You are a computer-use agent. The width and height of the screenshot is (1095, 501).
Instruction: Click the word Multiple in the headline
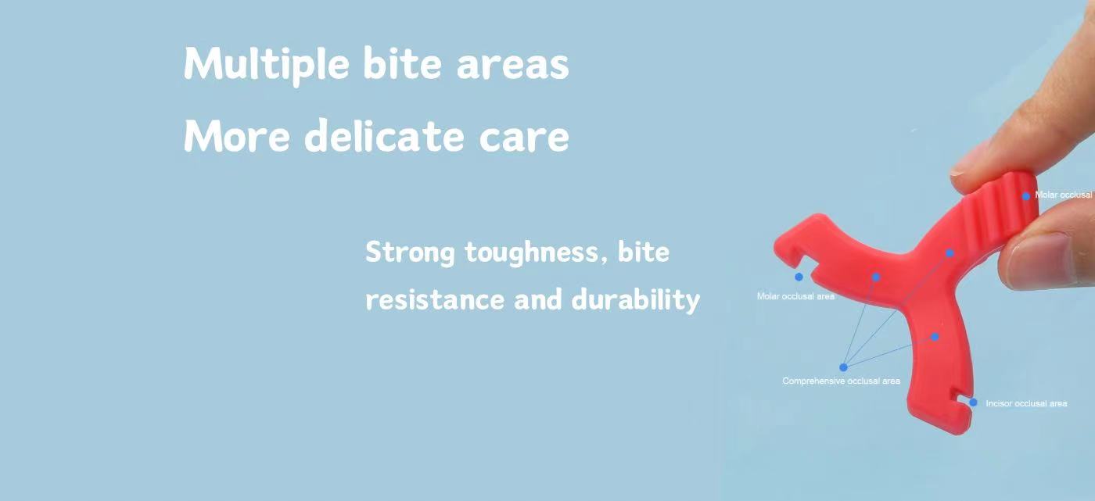267,64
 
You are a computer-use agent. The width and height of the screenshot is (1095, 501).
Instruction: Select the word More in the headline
236,136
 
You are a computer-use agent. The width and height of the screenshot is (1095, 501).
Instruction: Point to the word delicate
384,134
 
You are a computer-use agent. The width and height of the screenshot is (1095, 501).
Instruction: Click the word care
524,138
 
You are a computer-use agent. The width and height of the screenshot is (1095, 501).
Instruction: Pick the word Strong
410,253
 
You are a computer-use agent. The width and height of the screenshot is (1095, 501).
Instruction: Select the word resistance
435,299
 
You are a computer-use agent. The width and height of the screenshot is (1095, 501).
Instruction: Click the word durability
635,299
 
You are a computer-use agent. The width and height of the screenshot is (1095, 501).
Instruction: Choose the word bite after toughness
643,252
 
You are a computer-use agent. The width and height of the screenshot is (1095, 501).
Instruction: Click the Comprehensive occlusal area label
841,381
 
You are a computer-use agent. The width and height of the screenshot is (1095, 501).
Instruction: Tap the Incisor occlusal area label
1026,403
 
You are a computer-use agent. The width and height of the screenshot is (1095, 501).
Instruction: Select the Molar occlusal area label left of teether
795,296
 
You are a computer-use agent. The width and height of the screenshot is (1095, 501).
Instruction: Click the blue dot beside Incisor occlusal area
973,403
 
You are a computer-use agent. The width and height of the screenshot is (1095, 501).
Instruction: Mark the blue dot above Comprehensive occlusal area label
843,367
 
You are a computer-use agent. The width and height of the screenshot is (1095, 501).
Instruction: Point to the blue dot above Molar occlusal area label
799,277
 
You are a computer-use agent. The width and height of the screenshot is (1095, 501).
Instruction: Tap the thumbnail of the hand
1039,257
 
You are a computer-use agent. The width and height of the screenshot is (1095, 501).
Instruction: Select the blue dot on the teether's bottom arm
935,337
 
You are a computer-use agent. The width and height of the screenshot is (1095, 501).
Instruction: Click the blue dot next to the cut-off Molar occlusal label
1026,196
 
